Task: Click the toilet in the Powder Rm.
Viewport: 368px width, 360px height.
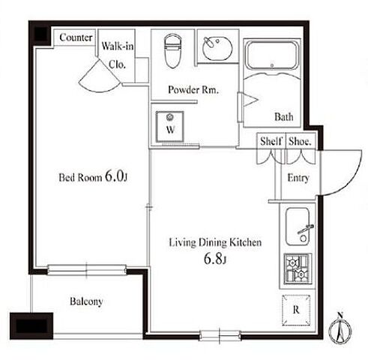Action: tap(172, 51)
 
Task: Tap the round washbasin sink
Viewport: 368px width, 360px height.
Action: tap(217, 48)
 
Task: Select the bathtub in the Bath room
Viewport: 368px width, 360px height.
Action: tap(272, 54)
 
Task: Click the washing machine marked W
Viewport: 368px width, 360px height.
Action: tap(170, 127)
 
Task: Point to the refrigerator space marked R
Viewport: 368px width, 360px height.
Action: tap(296, 310)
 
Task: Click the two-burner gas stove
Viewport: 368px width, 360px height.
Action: tap(298, 269)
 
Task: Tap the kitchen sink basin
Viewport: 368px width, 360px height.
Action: tap(298, 226)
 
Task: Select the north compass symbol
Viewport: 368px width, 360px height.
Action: tap(340, 328)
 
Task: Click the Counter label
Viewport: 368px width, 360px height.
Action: tap(76, 37)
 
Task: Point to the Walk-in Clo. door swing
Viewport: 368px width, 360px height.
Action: tap(100, 76)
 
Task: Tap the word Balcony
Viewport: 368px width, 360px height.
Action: tap(86, 301)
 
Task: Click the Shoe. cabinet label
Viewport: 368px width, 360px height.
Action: tap(300, 142)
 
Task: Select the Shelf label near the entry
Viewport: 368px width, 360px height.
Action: tap(271, 141)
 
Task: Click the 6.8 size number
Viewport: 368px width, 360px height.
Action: tap(213, 259)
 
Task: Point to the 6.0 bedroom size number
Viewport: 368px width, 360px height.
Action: tap(114, 176)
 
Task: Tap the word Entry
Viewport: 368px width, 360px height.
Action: tap(298, 178)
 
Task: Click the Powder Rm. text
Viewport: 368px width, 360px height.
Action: tap(193, 90)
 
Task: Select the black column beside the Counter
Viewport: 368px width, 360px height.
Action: tap(40, 34)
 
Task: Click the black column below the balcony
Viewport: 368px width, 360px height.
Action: tap(31, 326)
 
